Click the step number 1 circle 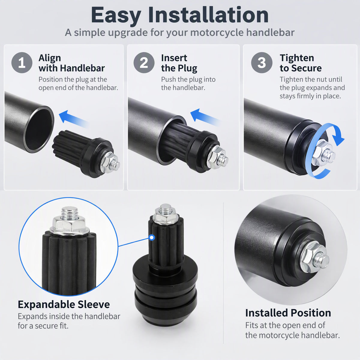[x=22, y=63]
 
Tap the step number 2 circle [x=144, y=63]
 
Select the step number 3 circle [x=262, y=63]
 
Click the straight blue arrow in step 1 [x=74, y=119]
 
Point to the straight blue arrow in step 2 [x=205, y=117]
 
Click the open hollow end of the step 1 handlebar [x=39, y=129]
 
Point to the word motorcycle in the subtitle [x=217, y=33]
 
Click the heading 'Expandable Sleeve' [x=64, y=304]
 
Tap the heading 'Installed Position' [x=288, y=313]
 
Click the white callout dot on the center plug [x=152, y=237]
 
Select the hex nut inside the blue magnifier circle [x=69, y=225]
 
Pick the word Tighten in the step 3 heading [x=297, y=58]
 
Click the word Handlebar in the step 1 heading [x=82, y=68]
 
